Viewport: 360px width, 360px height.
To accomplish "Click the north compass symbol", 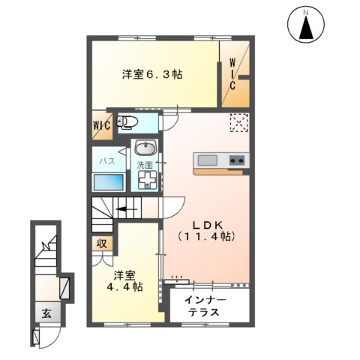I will click(305, 27).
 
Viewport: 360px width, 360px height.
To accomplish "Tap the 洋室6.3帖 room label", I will click(152, 74).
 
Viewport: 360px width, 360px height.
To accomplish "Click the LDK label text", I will click(204, 224).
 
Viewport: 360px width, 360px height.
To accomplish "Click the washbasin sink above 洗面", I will click(145, 148).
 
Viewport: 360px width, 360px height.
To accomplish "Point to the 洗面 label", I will click(144, 164).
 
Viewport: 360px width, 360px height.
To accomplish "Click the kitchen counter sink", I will click(206, 159).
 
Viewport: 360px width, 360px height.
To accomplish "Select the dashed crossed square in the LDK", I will click(238, 122).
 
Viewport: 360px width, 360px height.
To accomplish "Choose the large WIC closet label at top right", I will click(233, 73).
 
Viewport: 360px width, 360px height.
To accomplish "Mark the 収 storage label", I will click(100, 243).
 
